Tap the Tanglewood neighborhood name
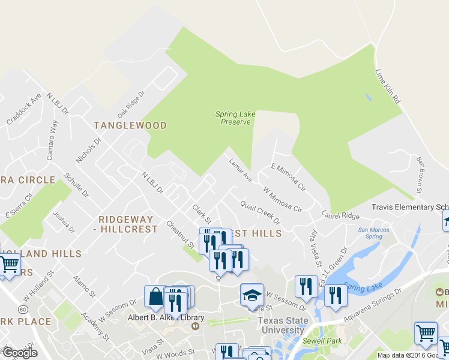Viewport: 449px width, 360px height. pyautogui.click(x=130, y=125)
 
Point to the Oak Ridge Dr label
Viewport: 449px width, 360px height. pyautogui.click(x=131, y=104)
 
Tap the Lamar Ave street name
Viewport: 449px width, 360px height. pyautogui.click(x=240, y=170)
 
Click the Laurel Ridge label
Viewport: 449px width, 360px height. pyautogui.click(x=340, y=215)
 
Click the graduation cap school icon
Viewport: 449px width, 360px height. pyautogui.click(x=252, y=294)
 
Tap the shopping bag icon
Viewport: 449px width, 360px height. pyautogui.click(x=155, y=296)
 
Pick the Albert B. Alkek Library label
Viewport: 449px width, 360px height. pyautogui.click(x=166, y=317)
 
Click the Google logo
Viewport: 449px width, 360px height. pyautogui.click(x=19, y=353)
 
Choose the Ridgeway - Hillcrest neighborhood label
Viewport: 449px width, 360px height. pyautogui.click(x=128, y=224)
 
